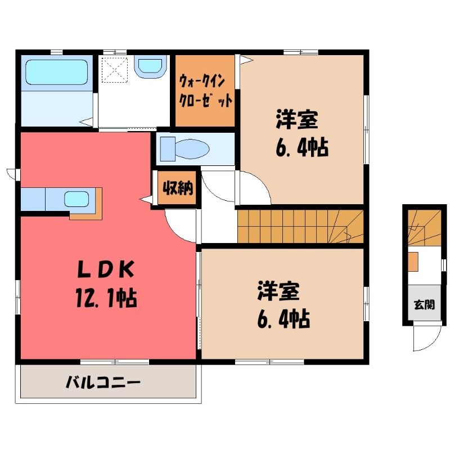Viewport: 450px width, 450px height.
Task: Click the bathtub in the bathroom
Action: point(57,72)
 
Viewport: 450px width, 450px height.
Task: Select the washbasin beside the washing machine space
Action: point(150,68)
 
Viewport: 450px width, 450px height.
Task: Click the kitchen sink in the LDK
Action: point(76,199)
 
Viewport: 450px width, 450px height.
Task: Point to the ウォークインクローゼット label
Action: point(205,91)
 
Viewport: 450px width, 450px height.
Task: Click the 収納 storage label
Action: point(178,188)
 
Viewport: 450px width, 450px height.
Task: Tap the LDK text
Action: point(106,269)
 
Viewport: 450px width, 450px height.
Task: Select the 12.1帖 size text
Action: point(106,298)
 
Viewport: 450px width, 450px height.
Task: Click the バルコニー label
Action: point(103,382)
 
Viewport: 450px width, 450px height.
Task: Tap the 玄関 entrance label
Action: point(424,305)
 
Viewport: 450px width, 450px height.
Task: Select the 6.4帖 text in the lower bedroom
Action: point(283,318)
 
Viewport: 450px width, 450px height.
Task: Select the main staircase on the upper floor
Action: point(300,227)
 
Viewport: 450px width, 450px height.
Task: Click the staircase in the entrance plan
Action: point(425,228)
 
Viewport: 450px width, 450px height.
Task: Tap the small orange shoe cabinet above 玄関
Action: point(413,262)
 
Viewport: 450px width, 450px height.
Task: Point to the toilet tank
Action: point(168,149)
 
